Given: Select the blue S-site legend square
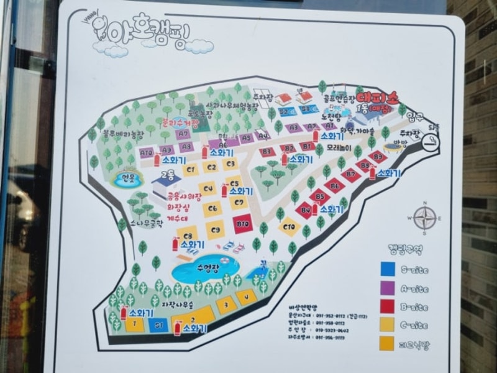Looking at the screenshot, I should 388,269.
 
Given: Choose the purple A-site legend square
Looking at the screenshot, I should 388,288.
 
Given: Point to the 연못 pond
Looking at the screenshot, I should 126,179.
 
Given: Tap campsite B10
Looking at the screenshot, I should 242,223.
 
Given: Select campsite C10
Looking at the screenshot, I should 289,228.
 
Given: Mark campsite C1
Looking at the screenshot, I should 190,169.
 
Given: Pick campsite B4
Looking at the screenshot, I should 305,210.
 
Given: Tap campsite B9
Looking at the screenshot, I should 378,158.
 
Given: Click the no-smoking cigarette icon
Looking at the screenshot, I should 429,142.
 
